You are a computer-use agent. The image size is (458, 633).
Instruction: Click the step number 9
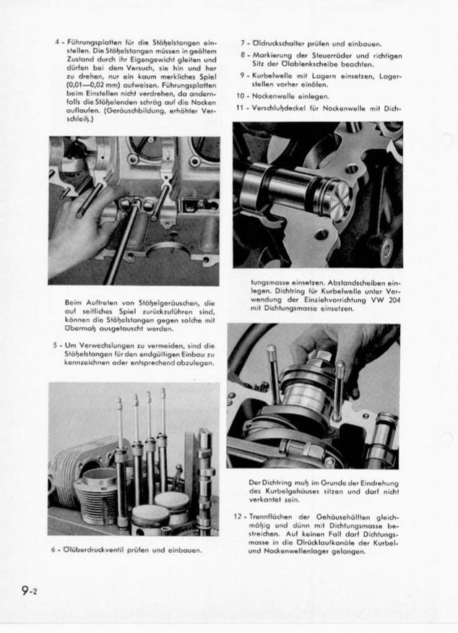click(242, 75)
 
